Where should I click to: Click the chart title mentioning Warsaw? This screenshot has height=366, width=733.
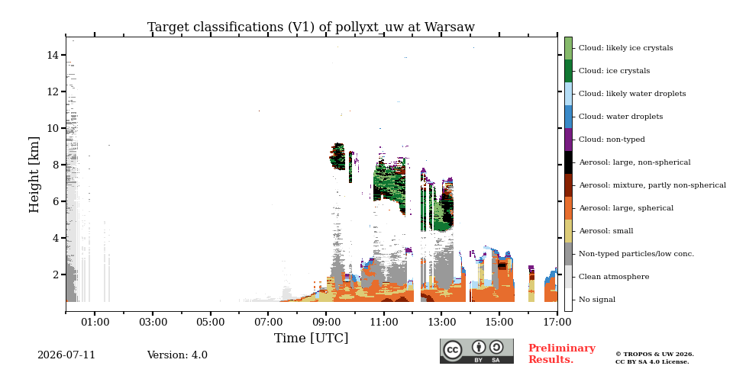(x=311, y=27)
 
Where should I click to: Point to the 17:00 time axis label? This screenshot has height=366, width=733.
(x=557, y=323)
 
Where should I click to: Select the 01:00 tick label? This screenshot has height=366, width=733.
(x=95, y=323)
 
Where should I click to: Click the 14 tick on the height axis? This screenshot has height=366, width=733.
(x=52, y=55)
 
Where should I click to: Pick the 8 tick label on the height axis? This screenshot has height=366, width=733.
(x=55, y=165)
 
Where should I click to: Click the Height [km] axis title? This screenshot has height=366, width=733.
(x=34, y=175)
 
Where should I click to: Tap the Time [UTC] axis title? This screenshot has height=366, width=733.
(x=311, y=338)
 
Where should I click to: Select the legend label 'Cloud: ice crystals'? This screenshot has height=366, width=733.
(x=614, y=71)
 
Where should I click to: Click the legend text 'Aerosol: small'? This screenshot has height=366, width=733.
(x=605, y=231)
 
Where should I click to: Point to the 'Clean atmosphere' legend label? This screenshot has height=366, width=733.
(x=614, y=277)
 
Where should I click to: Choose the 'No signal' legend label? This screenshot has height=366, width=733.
(x=597, y=300)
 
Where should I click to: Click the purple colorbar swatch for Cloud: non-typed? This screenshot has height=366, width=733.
(x=568, y=140)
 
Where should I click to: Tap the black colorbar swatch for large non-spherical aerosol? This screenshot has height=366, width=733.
(x=568, y=162)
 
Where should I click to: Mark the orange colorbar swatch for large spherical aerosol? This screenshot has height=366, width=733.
(x=568, y=208)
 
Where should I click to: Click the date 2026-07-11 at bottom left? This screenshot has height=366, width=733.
(x=66, y=355)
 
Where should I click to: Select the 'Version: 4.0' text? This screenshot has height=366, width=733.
(x=177, y=355)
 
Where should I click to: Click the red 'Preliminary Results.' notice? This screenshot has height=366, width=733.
(x=562, y=354)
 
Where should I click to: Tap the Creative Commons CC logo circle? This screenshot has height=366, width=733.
(x=453, y=350)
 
